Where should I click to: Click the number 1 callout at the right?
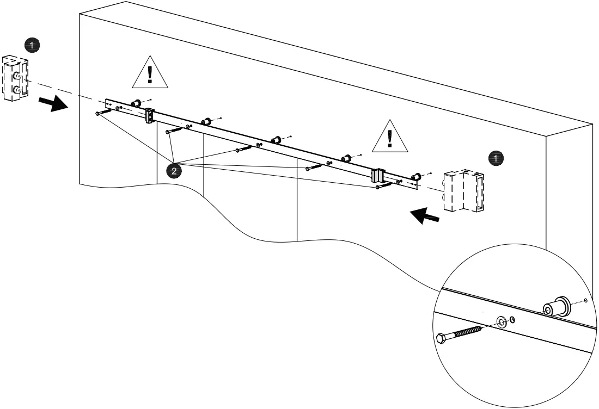click(496, 158)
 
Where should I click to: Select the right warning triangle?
click(389, 137)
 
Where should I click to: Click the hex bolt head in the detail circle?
click(442, 338)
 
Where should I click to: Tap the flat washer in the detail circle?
click(500, 320)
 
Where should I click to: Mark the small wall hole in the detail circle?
click(585, 300)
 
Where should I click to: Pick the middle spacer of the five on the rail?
click(276, 140)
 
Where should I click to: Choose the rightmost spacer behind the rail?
click(417, 177)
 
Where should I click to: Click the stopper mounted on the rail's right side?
click(378, 175)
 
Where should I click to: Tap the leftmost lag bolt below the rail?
click(103, 112)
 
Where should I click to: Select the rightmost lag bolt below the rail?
click(384, 185)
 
